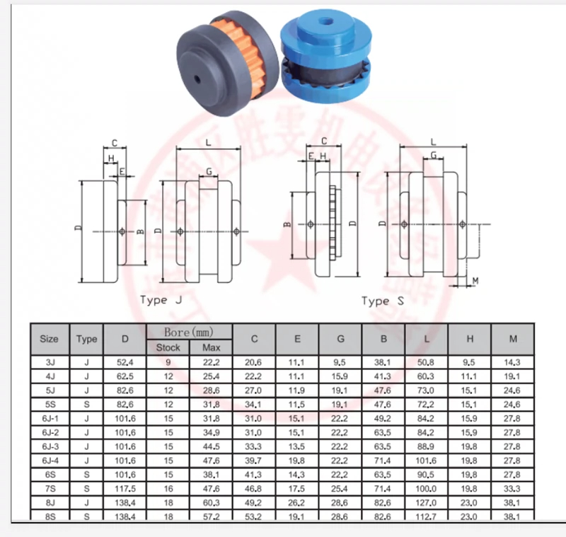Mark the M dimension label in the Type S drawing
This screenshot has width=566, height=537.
[475, 281]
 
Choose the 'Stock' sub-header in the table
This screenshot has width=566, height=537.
[168, 347]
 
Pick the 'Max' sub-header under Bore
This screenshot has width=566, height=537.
[211, 347]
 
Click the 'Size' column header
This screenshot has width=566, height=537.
[49, 339]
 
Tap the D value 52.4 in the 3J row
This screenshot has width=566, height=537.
[125, 362]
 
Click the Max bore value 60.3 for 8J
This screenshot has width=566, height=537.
[211, 503]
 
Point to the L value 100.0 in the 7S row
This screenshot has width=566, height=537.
[427, 489]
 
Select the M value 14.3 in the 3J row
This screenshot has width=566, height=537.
[513, 362]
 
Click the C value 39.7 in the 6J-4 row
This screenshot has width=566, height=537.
[254, 461]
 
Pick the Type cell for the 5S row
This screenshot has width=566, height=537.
[86, 404]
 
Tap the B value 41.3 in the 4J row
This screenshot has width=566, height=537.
[383, 376]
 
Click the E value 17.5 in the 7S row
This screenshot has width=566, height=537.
[297, 489]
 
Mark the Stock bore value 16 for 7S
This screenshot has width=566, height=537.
[168, 489]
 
